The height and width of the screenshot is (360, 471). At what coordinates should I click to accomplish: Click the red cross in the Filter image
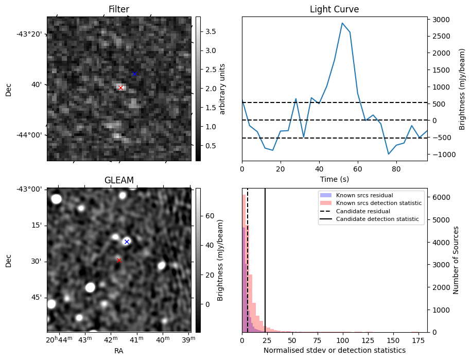[121, 88]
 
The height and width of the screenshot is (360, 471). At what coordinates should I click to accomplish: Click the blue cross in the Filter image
[134, 74]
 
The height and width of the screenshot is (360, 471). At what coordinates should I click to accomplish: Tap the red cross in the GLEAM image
[119, 260]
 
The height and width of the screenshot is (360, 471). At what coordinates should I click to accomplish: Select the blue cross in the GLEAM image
[127, 242]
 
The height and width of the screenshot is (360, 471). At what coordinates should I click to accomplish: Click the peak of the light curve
[342, 23]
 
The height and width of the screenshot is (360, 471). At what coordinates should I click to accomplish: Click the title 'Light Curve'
[334, 9]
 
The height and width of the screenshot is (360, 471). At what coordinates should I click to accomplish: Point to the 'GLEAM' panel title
[119, 180]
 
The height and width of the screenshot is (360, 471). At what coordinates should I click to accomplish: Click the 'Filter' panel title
[119, 9]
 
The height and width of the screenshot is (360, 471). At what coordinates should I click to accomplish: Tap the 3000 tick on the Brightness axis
[441, 20]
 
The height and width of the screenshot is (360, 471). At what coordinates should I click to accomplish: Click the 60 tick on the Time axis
[358, 169]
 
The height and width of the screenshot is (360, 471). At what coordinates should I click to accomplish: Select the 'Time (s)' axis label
[335, 179]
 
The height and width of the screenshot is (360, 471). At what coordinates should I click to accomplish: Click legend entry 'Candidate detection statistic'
[377, 219]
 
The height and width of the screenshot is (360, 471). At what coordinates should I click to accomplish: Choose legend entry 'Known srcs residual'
[364, 195]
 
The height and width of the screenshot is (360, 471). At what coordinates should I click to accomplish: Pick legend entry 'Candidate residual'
[363, 211]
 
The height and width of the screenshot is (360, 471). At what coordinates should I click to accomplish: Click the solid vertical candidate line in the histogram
[265, 260]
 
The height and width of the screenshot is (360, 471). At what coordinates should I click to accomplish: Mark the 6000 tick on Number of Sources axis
[441, 197]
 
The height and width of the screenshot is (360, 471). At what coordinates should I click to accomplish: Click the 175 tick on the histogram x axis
[418, 340]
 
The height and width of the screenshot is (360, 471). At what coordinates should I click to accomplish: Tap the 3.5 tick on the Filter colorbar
[211, 31]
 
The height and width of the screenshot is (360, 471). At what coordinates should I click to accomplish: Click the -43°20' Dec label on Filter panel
[29, 34]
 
